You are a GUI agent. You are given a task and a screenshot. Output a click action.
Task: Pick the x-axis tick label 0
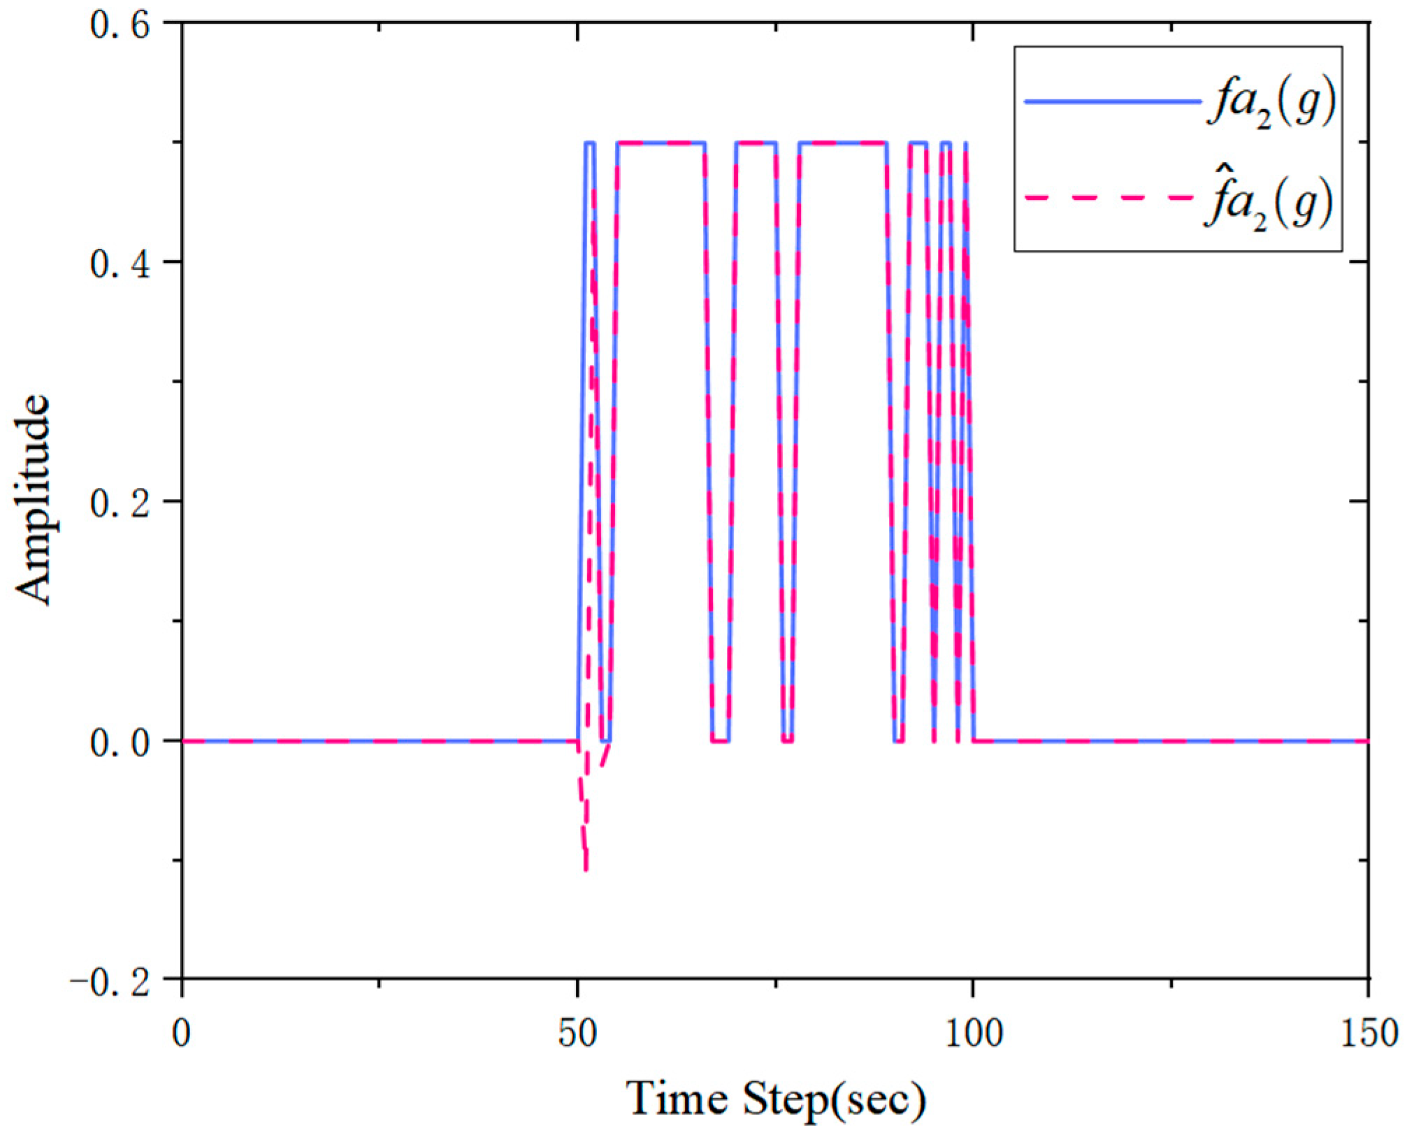182,1032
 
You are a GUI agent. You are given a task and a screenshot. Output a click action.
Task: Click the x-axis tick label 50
577,1032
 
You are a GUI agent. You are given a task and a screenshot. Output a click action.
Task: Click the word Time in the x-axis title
678,1099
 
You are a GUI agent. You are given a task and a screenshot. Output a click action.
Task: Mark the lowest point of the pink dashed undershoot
586,869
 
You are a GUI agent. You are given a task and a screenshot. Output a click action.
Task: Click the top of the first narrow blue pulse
589,143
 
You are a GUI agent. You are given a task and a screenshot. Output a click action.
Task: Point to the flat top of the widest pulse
842,143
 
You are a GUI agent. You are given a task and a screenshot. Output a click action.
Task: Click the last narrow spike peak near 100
966,144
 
